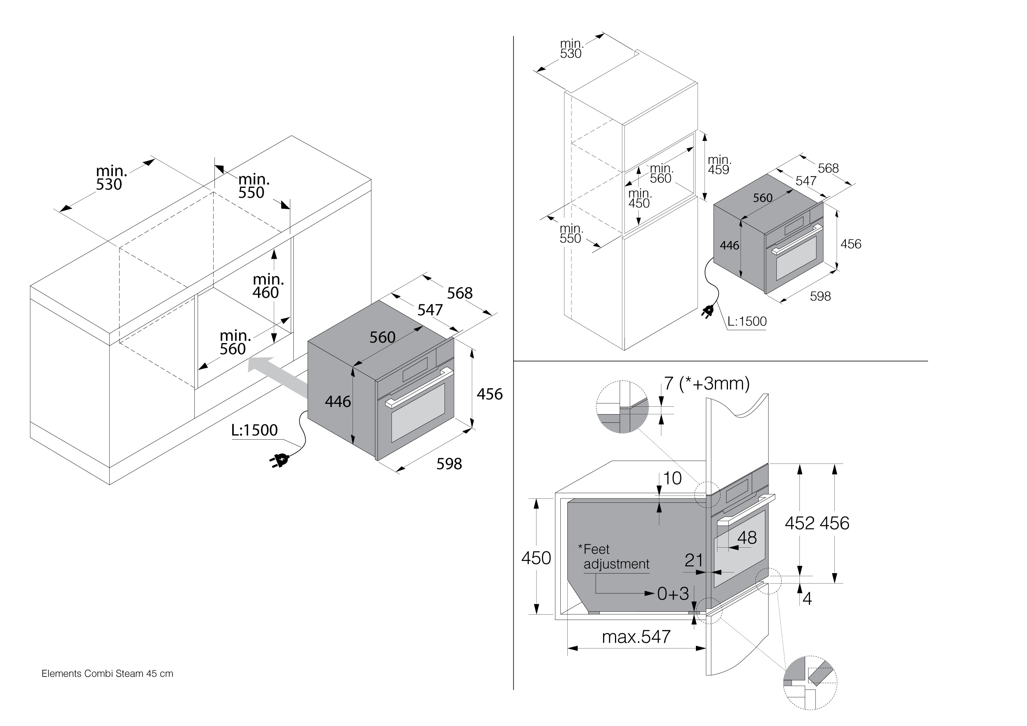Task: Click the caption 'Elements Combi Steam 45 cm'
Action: pyautogui.click(x=107, y=673)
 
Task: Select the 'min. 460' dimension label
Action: pyautogui.click(x=267, y=286)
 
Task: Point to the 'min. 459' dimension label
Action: pyautogui.click(x=719, y=165)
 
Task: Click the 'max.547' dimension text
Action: pyautogui.click(x=636, y=636)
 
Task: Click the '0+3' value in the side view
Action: pyautogui.click(x=673, y=594)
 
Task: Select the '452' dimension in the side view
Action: pyautogui.click(x=800, y=523)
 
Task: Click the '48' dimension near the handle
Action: pyautogui.click(x=746, y=538)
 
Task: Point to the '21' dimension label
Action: pyautogui.click(x=694, y=560)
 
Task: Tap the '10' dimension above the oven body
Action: pyautogui.click(x=672, y=478)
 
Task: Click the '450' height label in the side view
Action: pyautogui.click(x=536, y=558)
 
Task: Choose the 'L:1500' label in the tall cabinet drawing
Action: pyautogui.click(x=746, y=321)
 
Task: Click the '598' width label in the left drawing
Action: pyautogui.click(x=449, y=464)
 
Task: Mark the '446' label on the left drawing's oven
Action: pyautogui.click(x=338, y=402)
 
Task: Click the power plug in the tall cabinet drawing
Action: pyautogui.click(x=708, y=311)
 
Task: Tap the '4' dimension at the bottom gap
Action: pyautogui.click(x=807, y=599)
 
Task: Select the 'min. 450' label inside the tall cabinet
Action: pyautogui.click(x=640, y=198)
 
